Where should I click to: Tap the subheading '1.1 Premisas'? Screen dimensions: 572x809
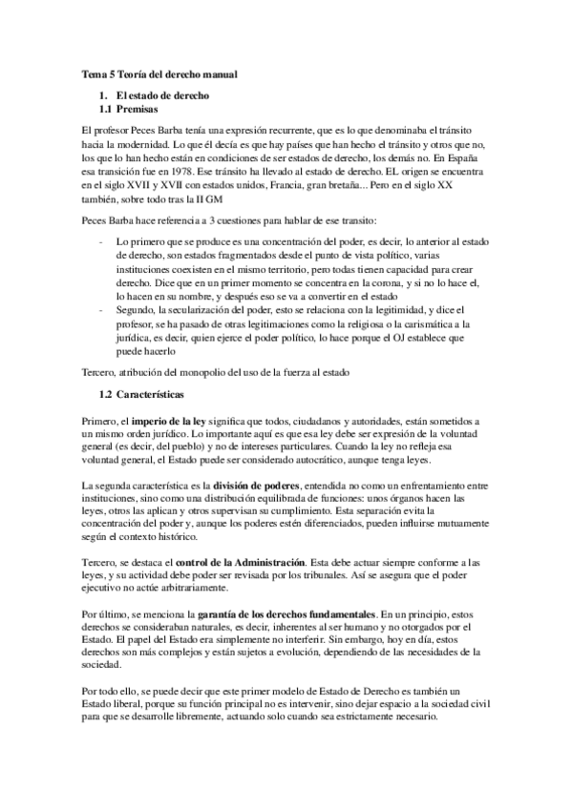[134, 110]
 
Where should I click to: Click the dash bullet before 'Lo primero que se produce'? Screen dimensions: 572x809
[101, 242]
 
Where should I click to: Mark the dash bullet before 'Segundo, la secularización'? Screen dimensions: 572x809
[101, 309]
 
